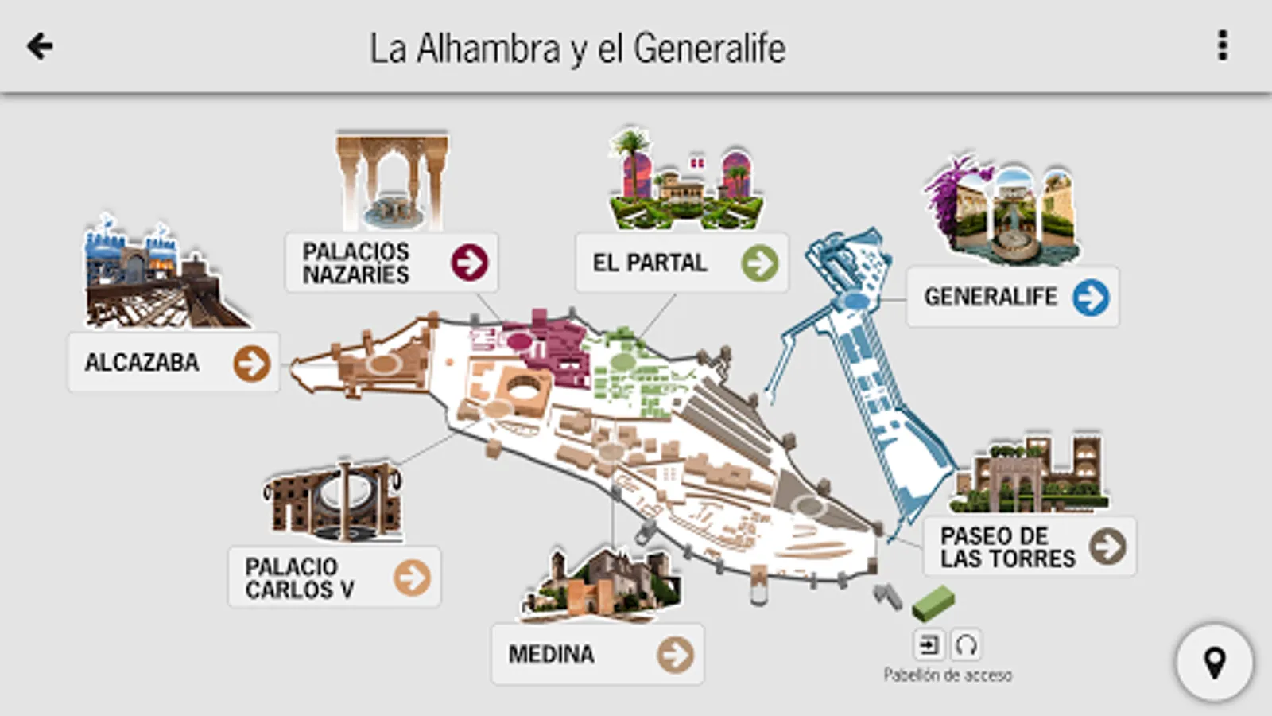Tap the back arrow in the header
pos(40,45)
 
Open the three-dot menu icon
pos(1223,45)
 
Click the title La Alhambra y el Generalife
pos(578,49)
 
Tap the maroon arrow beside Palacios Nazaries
pos(470,263)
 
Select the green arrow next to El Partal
pos(760,263)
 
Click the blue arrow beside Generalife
pos(1091,298)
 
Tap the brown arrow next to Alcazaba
pos(251,364)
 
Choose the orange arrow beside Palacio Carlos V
pos(413,578)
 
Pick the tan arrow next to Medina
pos(675,655)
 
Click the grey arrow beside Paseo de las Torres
pos(1108,547)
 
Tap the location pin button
pos(1215,663)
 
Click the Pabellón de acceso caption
pos(948,675)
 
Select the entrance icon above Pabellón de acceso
pos(929,645)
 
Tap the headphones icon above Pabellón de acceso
pos(965,645)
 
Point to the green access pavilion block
pos(933,603)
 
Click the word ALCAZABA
pos(142,363)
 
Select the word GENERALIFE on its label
pos(991,297)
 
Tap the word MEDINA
pos(552,655)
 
